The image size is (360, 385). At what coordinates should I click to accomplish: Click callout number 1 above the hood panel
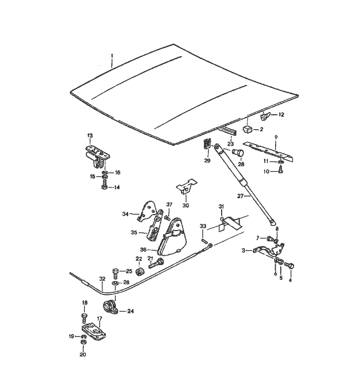click(x=112, y=56)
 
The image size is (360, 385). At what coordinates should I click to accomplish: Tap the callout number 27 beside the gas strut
click(x=239, y=196)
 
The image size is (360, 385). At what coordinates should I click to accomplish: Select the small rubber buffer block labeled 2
click(x=247, y=129)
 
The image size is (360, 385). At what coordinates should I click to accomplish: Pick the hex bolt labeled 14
click(x=104, y=187)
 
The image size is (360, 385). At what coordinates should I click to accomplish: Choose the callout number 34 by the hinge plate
click(x=125, y=214)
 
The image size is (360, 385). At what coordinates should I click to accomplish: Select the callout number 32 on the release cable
click(x=102, y=278)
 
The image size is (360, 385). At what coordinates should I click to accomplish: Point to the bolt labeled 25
click(x=115, y=271)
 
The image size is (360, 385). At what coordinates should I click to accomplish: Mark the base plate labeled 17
click(x=93, y=331)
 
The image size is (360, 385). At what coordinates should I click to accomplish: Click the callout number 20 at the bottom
click(x=83, y=355)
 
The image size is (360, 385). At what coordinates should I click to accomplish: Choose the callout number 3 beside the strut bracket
click(x=243, y=251)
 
